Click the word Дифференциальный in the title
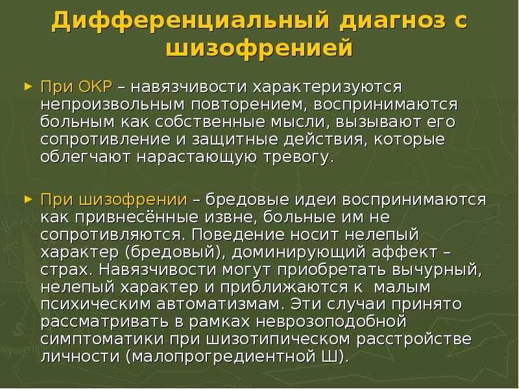191,21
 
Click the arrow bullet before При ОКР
29,87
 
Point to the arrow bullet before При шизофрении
29,200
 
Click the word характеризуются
327,88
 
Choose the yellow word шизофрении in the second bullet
134,200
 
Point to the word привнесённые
136,218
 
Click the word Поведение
238,235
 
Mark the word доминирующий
298,253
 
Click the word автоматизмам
220,305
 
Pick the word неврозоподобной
332,322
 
